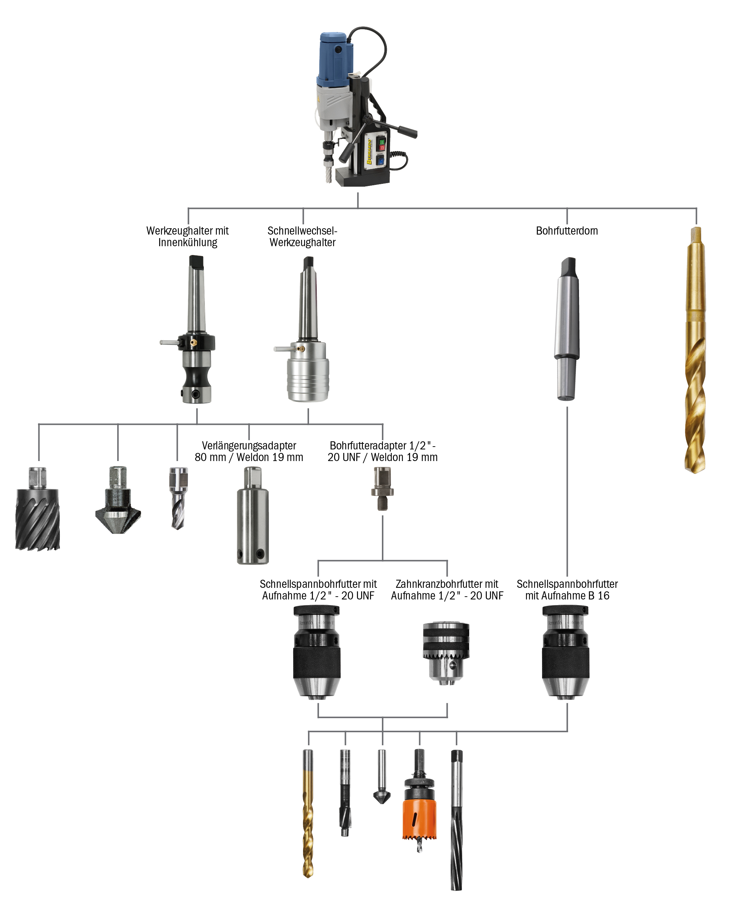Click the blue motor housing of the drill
click(334, 59)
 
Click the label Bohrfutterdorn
click(566, 231)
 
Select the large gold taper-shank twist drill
click(696, 349)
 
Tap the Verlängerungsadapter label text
click(249, 446)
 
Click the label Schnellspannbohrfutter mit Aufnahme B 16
click(567, 590)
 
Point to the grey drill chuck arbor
click(566, 328)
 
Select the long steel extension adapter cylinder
click(252, 522)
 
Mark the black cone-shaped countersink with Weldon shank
click(118, 505)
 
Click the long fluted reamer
click(456, 820)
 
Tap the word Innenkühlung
click(188, 243)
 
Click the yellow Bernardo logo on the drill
click(369, 151)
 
